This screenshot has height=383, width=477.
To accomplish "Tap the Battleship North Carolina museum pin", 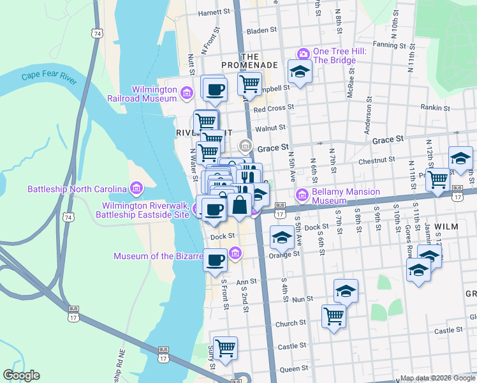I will point(135,188).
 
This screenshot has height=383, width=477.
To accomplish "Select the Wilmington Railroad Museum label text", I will point(154,94).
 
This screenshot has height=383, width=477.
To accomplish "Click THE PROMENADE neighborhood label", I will point(249,65).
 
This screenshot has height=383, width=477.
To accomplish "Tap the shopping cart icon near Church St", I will point(334,316).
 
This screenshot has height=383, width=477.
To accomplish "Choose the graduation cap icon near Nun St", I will point(346,291).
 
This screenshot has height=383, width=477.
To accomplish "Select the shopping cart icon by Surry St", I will point(224,348).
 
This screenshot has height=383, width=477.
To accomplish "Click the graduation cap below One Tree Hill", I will point(299,71).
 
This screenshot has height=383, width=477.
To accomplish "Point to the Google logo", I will point(21,375).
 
